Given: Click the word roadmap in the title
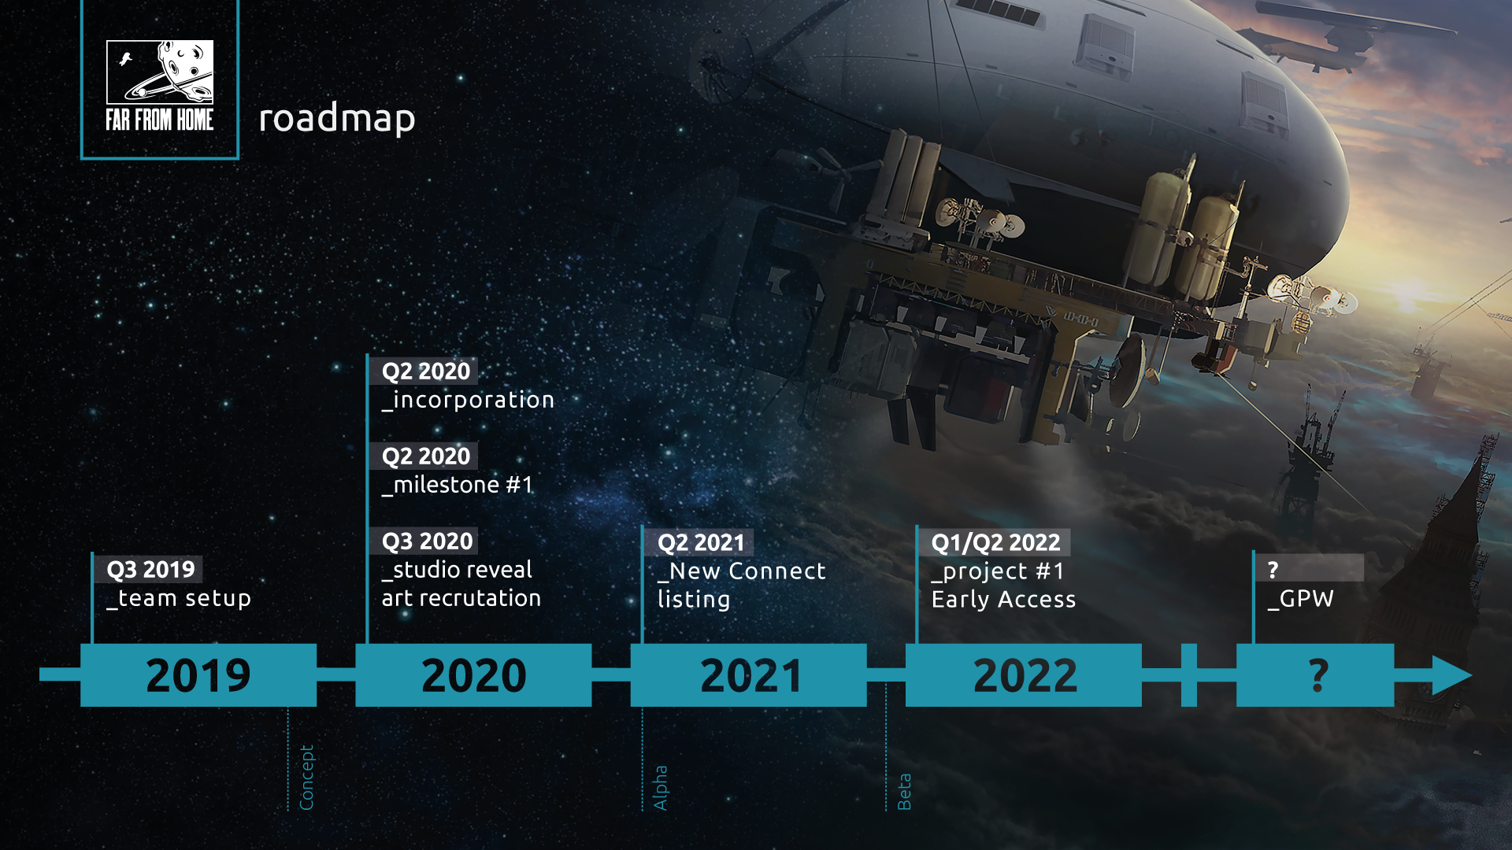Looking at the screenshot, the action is pos(337,118).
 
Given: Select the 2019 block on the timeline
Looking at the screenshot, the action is pos(198,675).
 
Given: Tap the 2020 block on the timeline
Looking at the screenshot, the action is pos(473,675).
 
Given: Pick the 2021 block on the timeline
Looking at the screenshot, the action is pos(749,675).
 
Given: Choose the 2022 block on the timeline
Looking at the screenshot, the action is pos(1024,675).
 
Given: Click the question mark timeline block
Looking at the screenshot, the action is pos(1315,675).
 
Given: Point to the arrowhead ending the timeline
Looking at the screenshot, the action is pos(1452,675).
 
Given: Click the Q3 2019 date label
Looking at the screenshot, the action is pos(150,569).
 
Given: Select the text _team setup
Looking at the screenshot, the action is pos(179,599).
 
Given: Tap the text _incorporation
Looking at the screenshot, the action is pos(468,400).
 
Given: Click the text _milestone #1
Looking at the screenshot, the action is pos(457,485).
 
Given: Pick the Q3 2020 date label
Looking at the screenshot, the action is pos(427,541).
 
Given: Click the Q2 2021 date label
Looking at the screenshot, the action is pos(701,543).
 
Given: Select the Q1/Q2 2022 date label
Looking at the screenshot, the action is pos(995,543).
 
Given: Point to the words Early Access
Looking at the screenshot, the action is pos(1003,600).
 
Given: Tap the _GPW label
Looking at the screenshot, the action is pos(1300,599).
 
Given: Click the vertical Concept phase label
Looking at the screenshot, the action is pos(306,778).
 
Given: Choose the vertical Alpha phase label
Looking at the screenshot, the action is pos(660,788).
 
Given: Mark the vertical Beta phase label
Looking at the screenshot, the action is pos(904,792).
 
